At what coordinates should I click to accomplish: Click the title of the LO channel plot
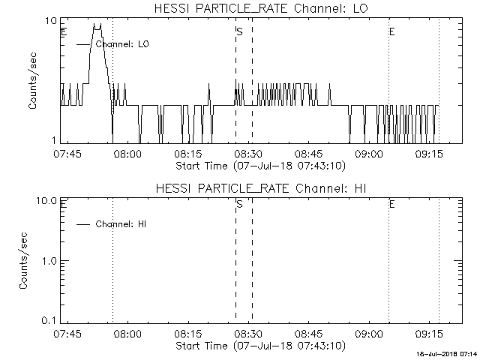click(261, 8)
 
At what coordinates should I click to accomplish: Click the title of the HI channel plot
click(261, 188)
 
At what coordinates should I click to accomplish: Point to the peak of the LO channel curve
click(97, 25)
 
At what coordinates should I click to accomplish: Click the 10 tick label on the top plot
click(51, 21)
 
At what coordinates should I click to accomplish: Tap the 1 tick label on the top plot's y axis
click(54, 140)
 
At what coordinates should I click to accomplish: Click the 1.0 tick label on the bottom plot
click(49, 261)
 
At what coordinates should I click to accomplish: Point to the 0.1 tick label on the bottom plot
click(49, 320)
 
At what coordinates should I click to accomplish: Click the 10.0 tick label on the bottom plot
click(46, 201)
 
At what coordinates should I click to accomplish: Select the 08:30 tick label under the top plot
click(248, 154)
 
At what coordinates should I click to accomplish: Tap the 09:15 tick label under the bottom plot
click(429, 334)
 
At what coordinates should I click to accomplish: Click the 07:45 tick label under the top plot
click(67, 154)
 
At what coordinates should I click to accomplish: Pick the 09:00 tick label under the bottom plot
click(369, 334)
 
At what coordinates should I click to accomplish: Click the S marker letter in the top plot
click(240, 31)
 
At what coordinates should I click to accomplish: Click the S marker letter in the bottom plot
click(240, 204)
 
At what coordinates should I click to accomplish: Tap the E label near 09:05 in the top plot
click(391, 31)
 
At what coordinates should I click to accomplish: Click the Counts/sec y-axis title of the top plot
click(32, 81)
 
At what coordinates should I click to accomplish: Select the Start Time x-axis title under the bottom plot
click(260, 346)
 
